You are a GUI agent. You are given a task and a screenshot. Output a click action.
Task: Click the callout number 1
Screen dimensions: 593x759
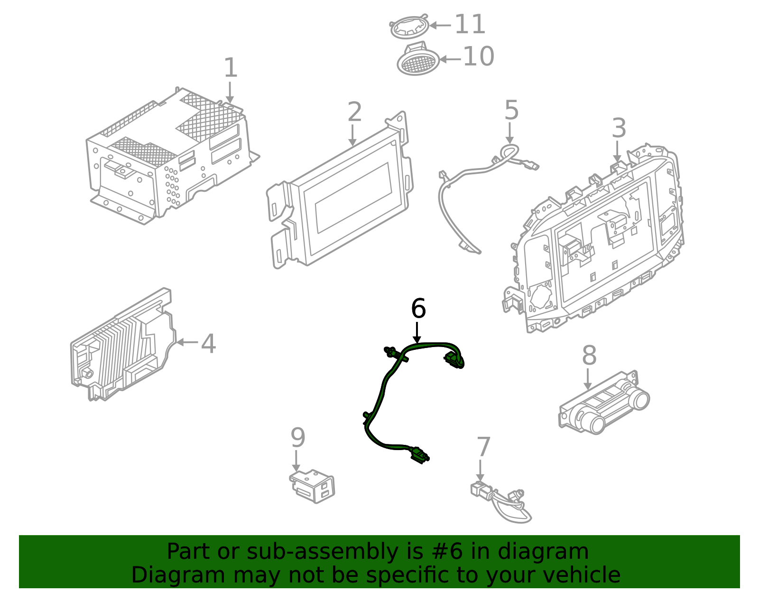[x=230, y=68]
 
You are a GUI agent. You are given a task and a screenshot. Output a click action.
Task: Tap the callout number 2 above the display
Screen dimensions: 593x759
[x=354, y=112]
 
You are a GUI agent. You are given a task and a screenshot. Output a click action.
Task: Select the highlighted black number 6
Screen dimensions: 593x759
[x=418, y=309]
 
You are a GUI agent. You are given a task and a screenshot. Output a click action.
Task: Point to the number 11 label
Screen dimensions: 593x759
[x=470, y=24]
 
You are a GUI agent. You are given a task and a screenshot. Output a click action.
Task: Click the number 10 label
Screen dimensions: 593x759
[x=478, y=57]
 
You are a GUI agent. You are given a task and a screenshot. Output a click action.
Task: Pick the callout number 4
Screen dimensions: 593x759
[x=208, y=344]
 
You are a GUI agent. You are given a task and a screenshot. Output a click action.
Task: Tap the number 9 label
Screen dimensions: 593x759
[x=297, y=438]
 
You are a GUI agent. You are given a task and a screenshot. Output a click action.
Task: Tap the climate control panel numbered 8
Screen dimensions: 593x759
[x=603, y=404]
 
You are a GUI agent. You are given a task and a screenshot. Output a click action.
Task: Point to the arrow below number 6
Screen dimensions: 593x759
[x=417, y=332]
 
